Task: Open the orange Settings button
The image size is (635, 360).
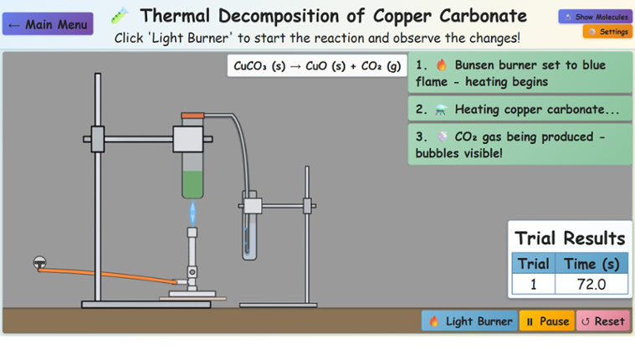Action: click(607, 32)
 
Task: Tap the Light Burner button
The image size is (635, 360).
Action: click(469, 321)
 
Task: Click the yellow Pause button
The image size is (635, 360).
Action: click(546, 321)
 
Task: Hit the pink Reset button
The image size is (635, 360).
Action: click(602, 321)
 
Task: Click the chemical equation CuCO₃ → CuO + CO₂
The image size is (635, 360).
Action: click(317, 66)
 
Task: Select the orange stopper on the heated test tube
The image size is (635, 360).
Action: click(193, 115)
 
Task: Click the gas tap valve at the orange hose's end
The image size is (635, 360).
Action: click(39, 263)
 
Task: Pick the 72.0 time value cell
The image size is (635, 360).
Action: click(591, 285)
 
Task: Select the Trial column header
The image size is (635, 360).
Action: click(533, 264)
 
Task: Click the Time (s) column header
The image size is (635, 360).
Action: click(591, 264)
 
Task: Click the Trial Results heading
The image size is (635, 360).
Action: click(570, 238)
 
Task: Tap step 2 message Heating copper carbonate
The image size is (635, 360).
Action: click(520, 110)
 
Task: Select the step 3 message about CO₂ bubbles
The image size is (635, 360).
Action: click(520, 145)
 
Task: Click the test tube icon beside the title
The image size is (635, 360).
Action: click(120, 15)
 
